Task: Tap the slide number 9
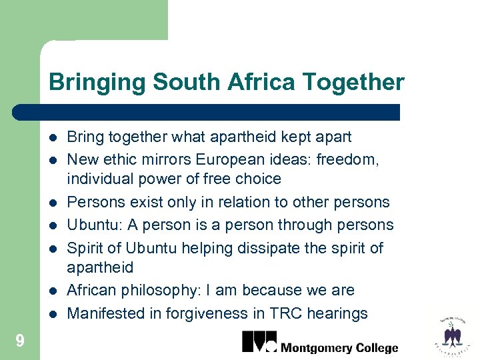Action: [x=20, y=342]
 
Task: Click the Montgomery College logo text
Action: [x=339, y=348]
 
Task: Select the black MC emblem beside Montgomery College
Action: [x=259, y=341]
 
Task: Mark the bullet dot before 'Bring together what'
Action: [x=53, y=138]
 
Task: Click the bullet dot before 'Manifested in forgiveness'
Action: [x=53, y=314]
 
